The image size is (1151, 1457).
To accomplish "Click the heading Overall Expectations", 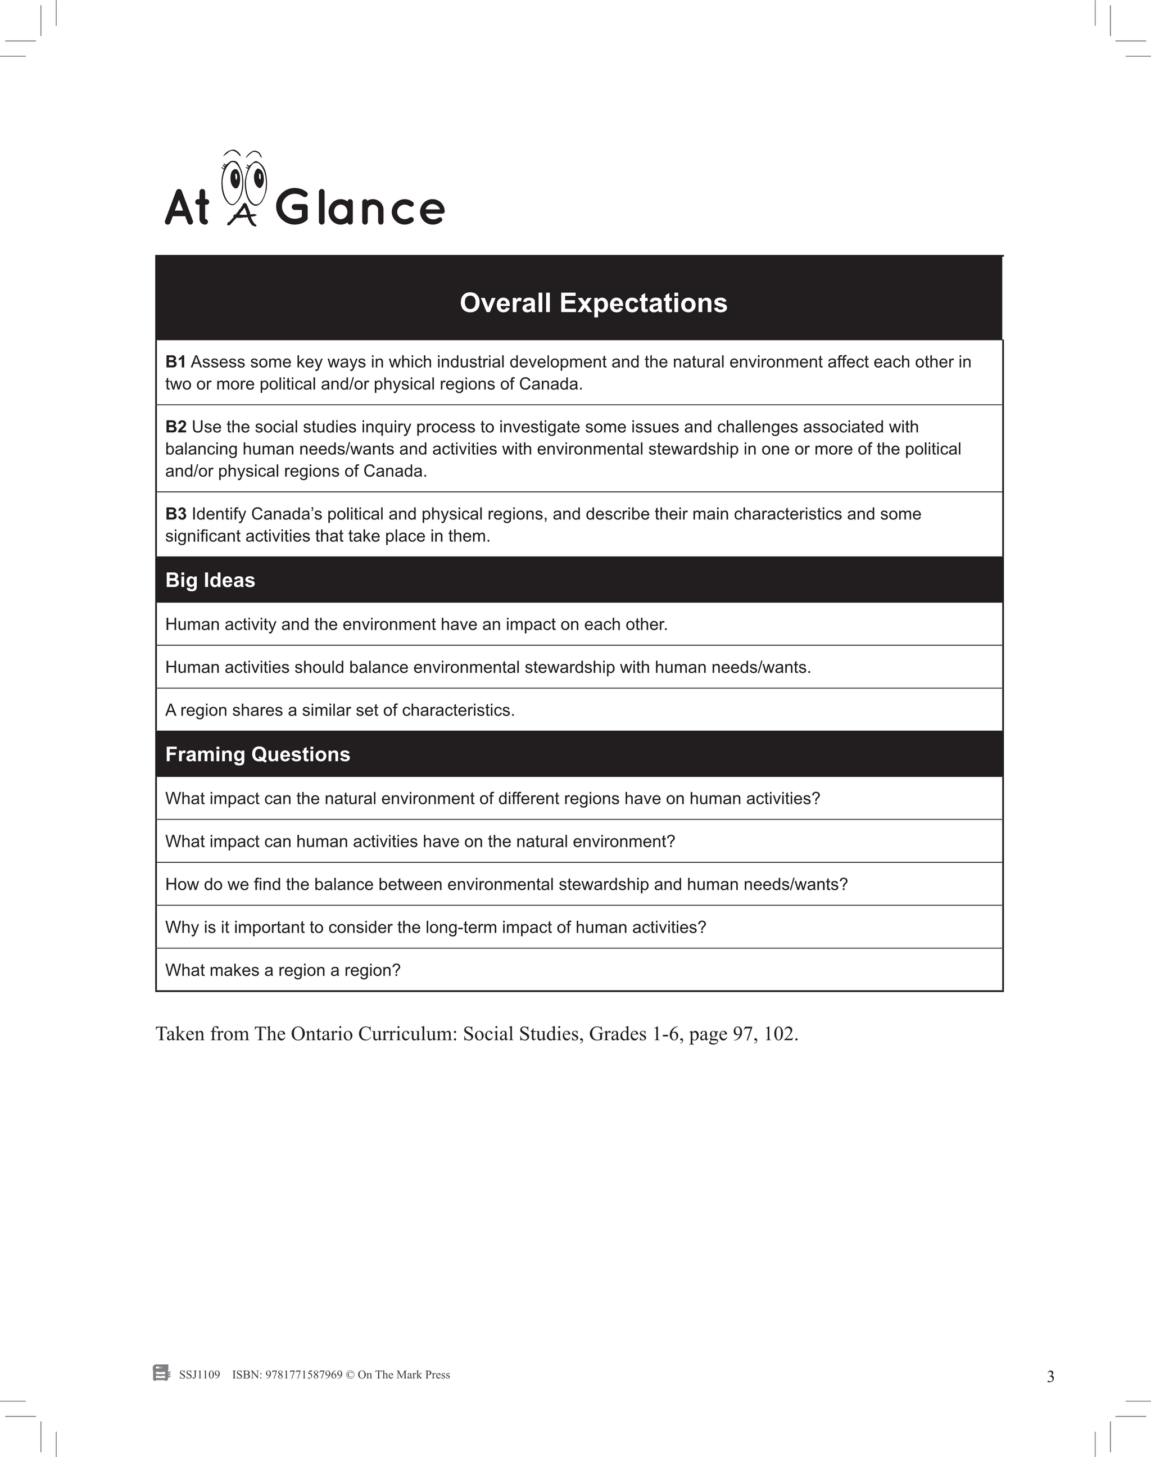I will (x=593, y=304).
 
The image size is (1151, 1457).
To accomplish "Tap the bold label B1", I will (x=175, y=362).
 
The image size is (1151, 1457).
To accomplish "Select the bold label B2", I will (x=175, y=427).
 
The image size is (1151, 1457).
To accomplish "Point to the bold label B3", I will (x=175, y=514).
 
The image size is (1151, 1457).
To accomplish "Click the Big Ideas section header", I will (x=210, y=580).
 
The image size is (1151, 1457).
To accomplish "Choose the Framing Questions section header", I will (x=257, y=754).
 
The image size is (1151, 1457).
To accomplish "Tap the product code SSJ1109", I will (x=200, y=1375).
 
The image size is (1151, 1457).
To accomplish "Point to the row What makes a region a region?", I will (x=283, y=970).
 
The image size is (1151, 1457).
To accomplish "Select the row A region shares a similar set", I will (x=339, y=711).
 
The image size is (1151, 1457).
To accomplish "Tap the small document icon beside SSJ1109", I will (x=162, y=1373).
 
